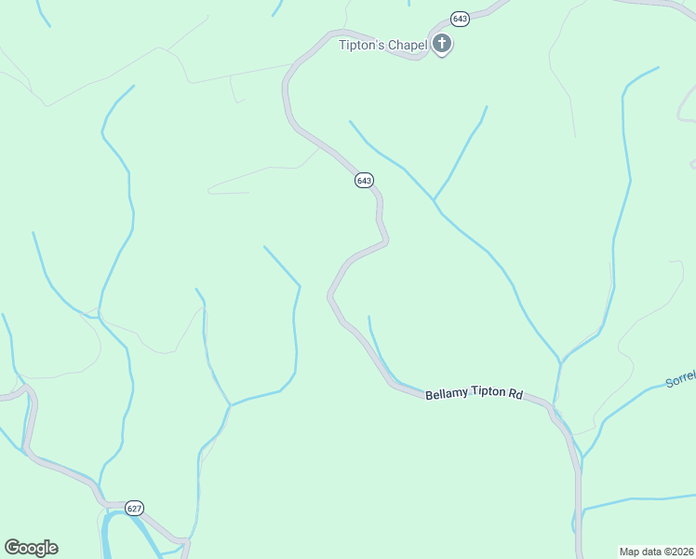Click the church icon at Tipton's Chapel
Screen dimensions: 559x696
click(x=441, y=43)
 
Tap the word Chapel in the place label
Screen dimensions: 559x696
click(x=408, y=44)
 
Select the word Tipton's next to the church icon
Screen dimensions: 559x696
click(x=361, y=44)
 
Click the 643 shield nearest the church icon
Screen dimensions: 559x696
click(x=459, y=19)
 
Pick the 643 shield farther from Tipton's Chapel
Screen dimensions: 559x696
click(x=364, y=180)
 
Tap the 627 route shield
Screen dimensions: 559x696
click(x=134, y=508)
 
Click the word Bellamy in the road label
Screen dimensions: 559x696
click(x=446, y=394)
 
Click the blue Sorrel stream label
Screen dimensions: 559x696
click(x=680, y=378)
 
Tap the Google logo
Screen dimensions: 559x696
click(x=31, y=548)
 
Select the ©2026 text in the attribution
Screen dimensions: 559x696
click(x=679, y=552)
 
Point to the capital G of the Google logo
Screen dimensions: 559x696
click(x=11, y=548)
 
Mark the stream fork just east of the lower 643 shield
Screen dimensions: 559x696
click(x=434, y=200)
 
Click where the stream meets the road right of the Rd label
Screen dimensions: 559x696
click(x=554, y=406)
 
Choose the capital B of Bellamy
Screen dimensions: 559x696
click(x=429, y=395)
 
